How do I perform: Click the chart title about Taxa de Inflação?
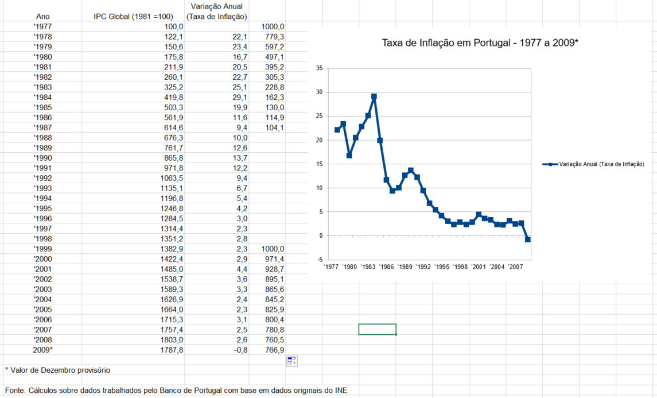(480, 43)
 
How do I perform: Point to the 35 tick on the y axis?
(319, 68)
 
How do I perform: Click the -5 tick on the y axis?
(319, 260)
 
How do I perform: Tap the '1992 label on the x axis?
(423, 267)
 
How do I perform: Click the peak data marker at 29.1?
(374, 96)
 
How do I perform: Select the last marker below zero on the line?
(528, 239)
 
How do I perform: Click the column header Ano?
(43, 16)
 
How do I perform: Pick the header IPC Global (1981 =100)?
(138, 16)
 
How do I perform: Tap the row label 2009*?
(43, 350)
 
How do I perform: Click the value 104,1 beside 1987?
(274, 127)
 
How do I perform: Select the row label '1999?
(43, 249)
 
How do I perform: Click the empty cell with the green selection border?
(377, 329)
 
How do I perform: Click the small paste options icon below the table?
(291, 361)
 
